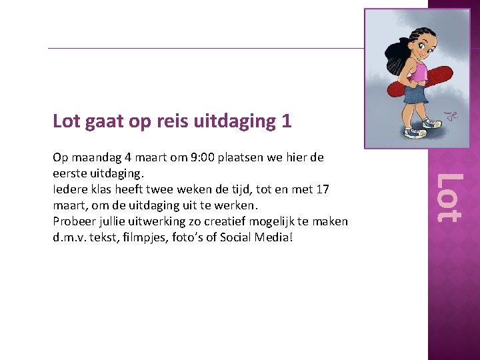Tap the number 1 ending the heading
tap(287, 121)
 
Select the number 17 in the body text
tap(322, 189)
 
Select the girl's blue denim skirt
tap(417, 95)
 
